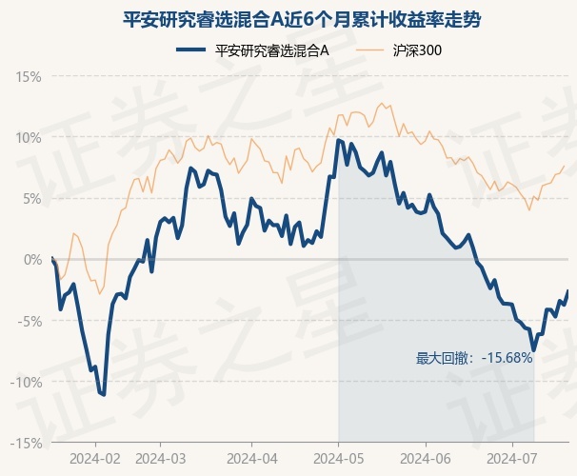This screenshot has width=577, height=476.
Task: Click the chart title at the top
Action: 302,19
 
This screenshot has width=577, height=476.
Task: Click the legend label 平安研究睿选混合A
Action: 272,50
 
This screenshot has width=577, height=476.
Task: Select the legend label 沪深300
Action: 417,50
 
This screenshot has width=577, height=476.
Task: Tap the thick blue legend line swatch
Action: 190,50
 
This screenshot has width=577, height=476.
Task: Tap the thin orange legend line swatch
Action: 369,50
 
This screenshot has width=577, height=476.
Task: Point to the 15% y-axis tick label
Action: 29,77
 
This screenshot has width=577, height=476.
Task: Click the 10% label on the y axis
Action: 29,138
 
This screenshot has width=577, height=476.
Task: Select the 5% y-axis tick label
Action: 32,199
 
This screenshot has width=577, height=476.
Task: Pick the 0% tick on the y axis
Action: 32,260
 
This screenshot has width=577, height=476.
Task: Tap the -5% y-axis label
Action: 30,321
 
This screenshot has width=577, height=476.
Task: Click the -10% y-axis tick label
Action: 26,382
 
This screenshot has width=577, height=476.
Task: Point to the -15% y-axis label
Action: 26,444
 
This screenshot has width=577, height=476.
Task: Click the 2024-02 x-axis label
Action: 95,459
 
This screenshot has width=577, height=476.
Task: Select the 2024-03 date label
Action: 161,459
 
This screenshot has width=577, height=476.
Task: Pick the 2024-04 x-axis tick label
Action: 252,459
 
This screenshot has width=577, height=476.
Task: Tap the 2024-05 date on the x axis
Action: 339,459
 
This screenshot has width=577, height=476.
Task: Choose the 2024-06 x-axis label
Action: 426,459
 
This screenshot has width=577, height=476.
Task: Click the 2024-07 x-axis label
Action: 512,459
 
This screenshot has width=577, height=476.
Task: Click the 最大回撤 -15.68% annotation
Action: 474,358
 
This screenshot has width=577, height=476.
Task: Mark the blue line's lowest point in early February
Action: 104,395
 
